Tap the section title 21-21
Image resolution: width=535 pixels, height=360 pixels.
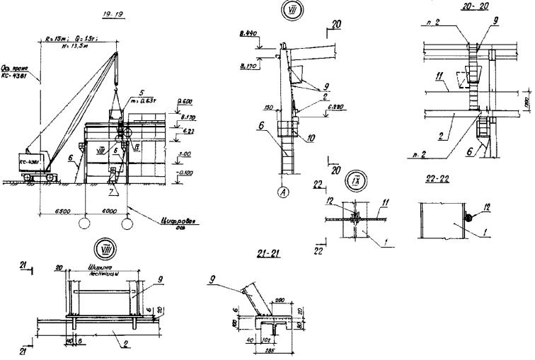(x=271, y=255)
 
